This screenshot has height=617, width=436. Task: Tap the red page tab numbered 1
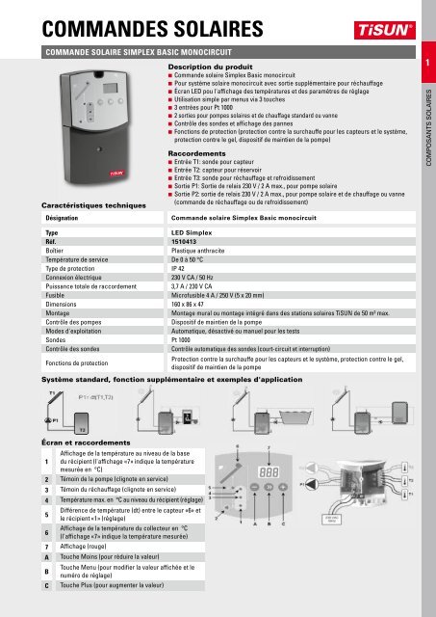(424, 64)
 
